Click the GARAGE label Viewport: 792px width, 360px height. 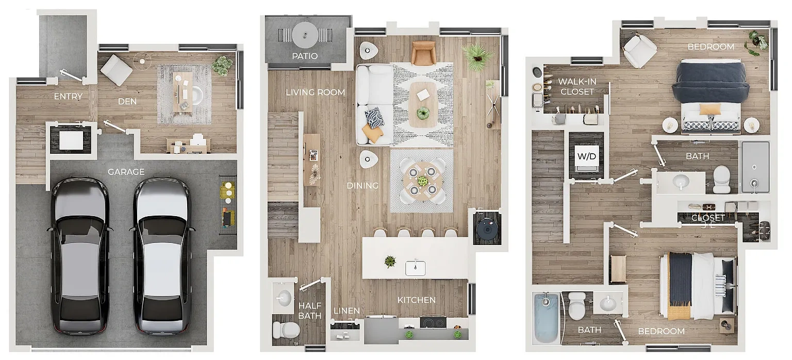coord(126,172)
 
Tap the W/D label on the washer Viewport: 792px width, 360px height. coord(587,156)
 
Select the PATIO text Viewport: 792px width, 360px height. coord(305,56)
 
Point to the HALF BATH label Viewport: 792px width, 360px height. coord(310,310)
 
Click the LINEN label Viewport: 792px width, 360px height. coord(346,311)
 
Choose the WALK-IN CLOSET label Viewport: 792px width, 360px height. coord(577,87)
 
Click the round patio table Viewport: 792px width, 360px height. coord(305,35)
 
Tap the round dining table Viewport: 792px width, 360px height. coord(422,181)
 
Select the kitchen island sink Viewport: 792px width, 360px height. coord(416,268)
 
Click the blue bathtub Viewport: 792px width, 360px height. coord(546,318)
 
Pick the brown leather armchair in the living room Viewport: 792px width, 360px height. coord(423,53)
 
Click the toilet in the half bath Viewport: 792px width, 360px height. coord(286,330)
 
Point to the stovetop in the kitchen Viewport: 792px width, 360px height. coord(433,323)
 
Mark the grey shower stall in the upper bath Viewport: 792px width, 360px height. coord(755,167)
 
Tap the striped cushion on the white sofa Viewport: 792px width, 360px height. coord(374,118)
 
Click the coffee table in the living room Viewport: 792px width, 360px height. coord(423,105)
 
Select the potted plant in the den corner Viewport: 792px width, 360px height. coord(223,66)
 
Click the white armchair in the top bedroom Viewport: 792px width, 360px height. coord(639,50)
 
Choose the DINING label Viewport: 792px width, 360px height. coord(362,186)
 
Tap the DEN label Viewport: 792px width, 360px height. coord(127,102)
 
